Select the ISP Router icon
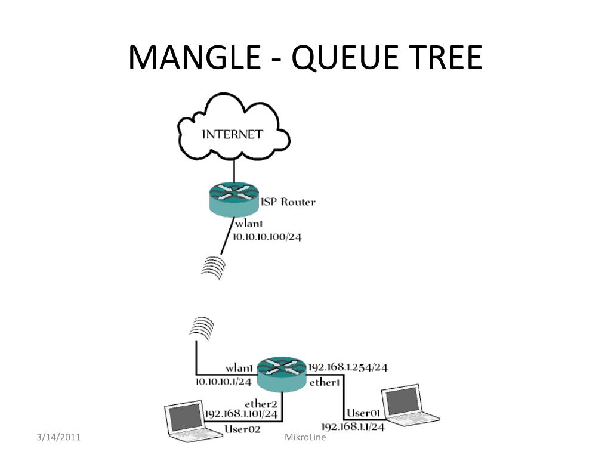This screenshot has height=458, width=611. coord(234,198)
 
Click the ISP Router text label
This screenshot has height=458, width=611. coord(288,202)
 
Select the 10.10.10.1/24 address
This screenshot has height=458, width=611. coord(224,380)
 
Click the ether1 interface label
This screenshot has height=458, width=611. coord(325,382)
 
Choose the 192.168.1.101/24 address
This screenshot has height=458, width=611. coord(241,414)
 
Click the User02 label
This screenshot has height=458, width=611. coord(243,428)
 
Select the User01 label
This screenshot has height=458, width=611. coord(364,413)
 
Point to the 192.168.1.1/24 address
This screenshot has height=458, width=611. coord(353,427)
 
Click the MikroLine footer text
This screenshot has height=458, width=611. coord(304,439)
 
